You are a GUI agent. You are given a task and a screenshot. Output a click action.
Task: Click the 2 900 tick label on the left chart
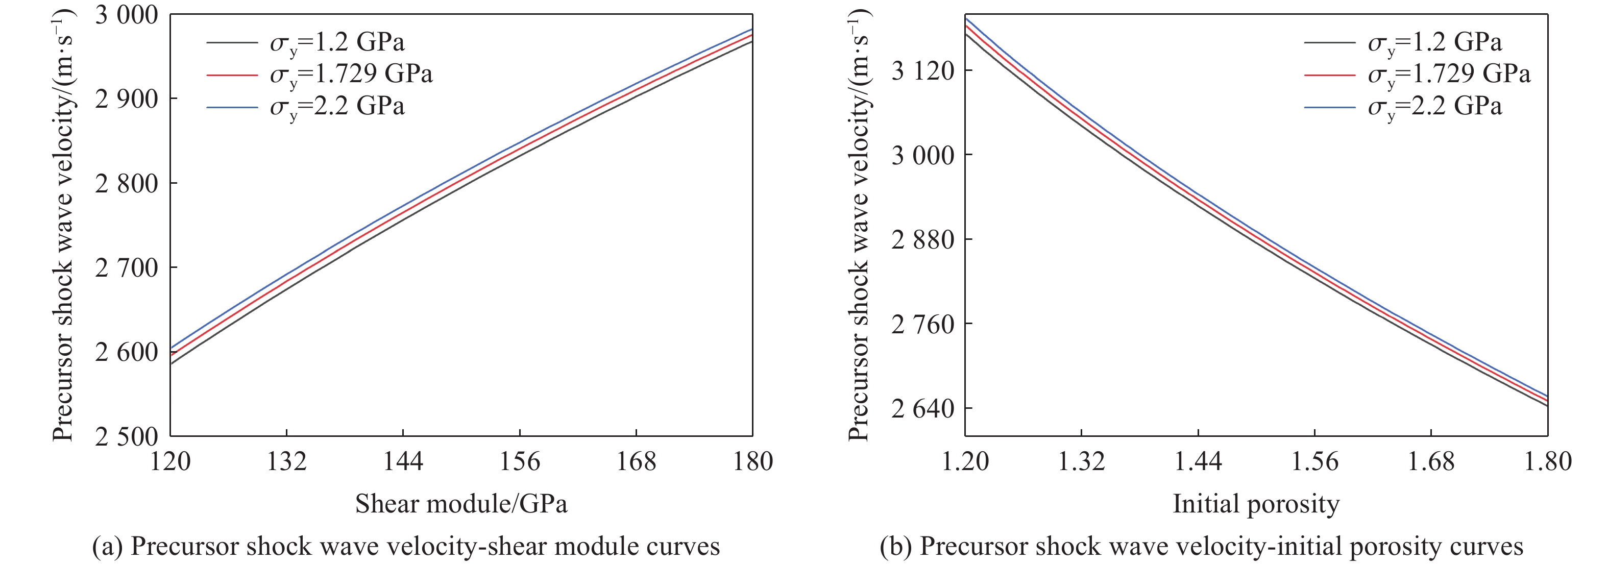tap(127, 99)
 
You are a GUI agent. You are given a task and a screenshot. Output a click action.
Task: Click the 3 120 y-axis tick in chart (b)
tap(922, 70)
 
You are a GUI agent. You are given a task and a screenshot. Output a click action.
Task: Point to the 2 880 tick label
tap(922, 239)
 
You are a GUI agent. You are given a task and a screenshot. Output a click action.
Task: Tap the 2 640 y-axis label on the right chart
tap(922, 409)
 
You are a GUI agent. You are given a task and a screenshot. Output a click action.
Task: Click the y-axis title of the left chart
tap(63, 225)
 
